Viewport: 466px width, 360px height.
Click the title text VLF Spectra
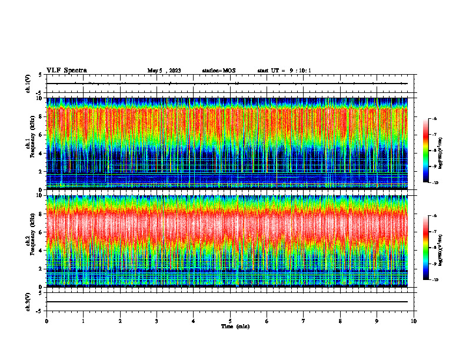coord(66,70)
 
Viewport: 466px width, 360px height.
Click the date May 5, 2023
coord(164,71)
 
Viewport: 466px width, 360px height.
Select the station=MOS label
coord(218,71)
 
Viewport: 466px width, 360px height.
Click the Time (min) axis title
coord(235,326)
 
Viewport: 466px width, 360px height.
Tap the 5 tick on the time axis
coord(230,321)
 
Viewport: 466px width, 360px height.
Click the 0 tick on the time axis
coord(46,321)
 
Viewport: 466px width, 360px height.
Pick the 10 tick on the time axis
coord(414,321)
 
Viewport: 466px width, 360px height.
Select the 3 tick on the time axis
coord(157,321)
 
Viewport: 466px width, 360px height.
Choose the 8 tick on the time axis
coord(340,321)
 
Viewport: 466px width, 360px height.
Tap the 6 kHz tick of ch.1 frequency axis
coord(41,135)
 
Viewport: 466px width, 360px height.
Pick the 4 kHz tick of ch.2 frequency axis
coord(41,250)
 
